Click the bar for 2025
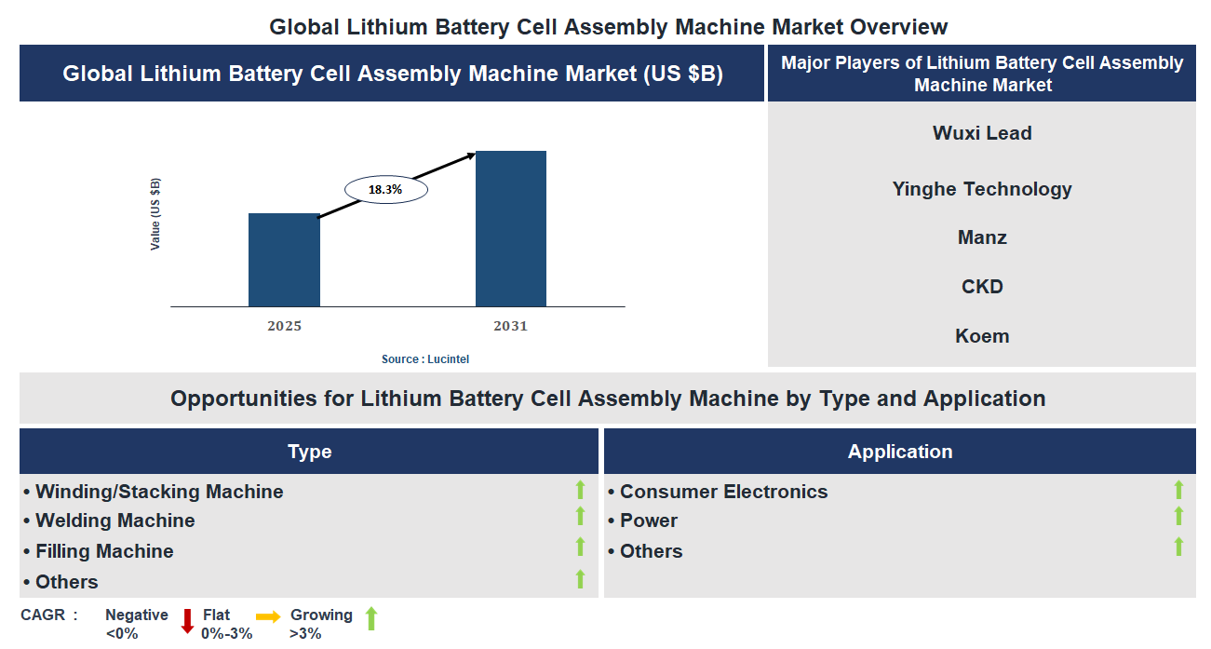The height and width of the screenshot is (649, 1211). click(284, 260)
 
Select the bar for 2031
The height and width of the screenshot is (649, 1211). click(510, 229)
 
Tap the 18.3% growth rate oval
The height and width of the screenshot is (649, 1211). click(385, 190)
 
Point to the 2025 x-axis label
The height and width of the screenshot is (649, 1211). click(284, 327)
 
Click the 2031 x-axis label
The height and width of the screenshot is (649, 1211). click(510, 327)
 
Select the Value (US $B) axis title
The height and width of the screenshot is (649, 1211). click(155, 214)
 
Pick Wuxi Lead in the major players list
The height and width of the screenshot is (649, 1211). click(982, 133)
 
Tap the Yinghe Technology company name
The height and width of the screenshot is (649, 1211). click(982, 189)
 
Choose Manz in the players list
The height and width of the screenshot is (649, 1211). click(982, 237)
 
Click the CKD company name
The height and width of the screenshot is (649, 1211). click(982, 287)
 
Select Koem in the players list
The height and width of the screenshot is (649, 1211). click(982, 336)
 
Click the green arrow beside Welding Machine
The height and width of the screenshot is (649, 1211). click(580, 517)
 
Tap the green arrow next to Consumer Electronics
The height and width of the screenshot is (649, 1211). click(1178, 490)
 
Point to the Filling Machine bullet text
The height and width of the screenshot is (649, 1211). click(99, 551)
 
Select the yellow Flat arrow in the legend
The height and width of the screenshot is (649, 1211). click(268, 616)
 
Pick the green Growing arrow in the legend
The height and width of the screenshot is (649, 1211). click(370, 618)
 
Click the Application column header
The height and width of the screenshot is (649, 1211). click(899, 452)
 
